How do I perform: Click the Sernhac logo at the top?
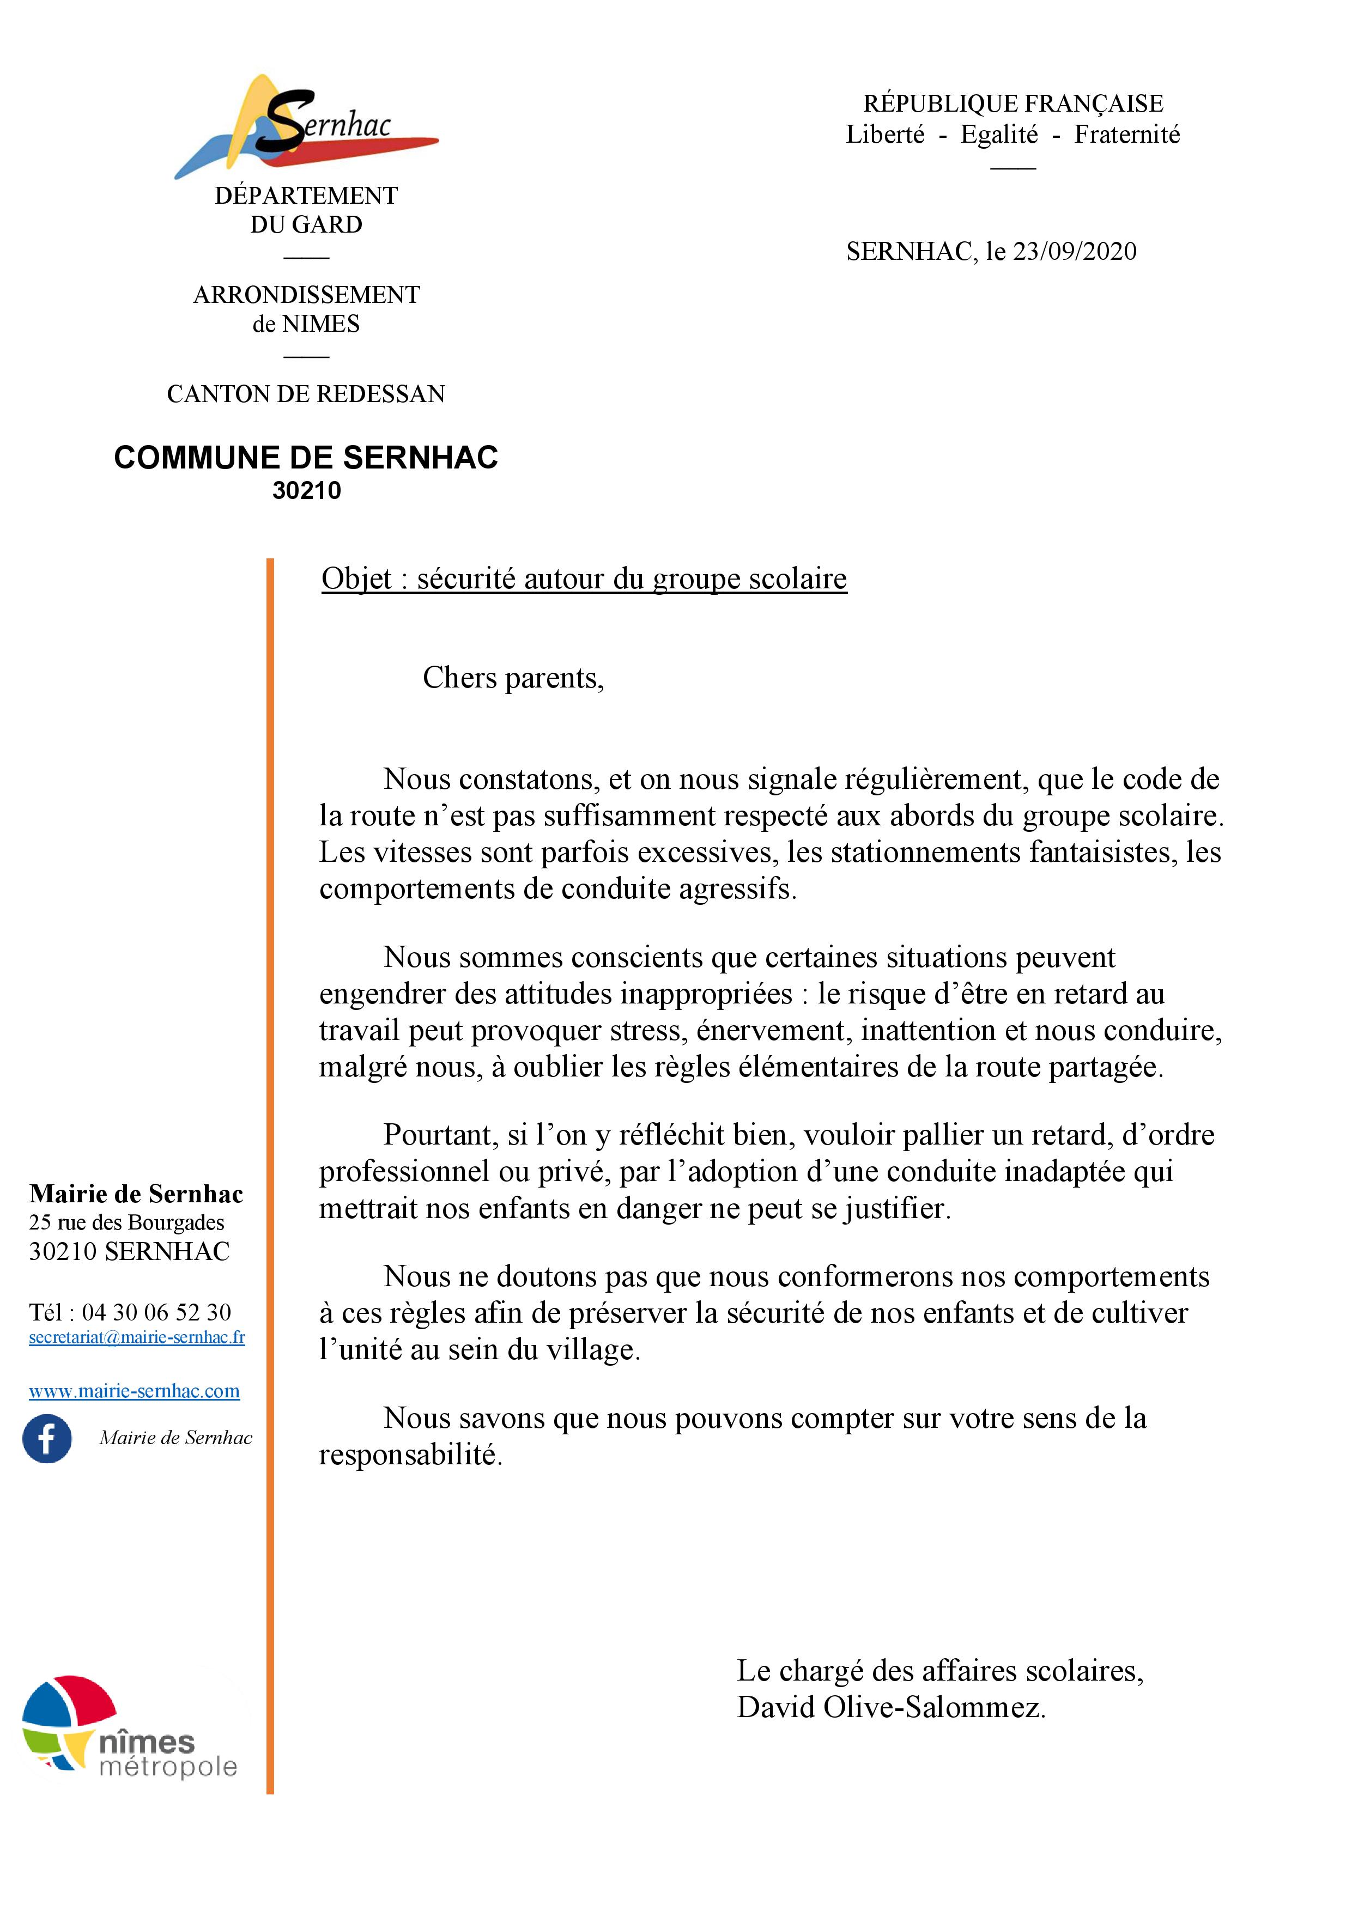point(306,126)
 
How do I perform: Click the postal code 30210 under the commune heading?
point(306,490)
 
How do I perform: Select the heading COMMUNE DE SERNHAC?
point(306,458)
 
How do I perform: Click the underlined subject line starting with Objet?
point(584,579)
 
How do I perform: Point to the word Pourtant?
point(440,1134)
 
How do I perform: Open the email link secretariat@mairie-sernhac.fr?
point(137,1337)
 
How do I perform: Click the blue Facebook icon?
point(47,1438)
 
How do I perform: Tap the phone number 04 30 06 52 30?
point(156,1312)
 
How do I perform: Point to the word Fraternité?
point(1126,135)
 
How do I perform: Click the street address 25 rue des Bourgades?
point(126,1222)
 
